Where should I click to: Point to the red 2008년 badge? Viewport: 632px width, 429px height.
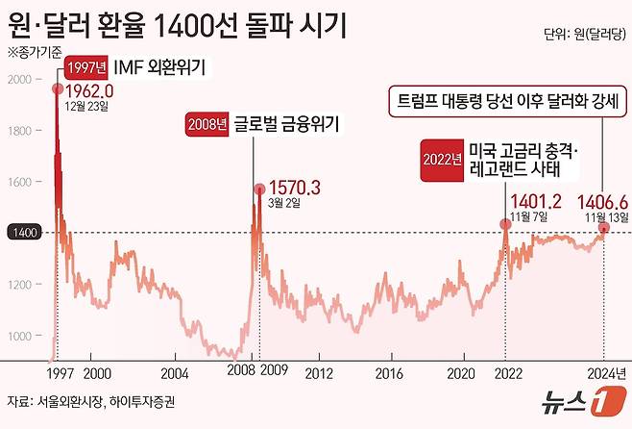pos(208,124)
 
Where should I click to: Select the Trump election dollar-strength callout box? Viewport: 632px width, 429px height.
pos(506,101)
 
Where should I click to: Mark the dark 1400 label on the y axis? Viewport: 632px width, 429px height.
pos(23,233)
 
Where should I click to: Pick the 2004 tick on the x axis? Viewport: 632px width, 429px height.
pos(174,371)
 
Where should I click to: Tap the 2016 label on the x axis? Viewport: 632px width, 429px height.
pos(389,371)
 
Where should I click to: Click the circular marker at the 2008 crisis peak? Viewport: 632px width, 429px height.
pos(258,189)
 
